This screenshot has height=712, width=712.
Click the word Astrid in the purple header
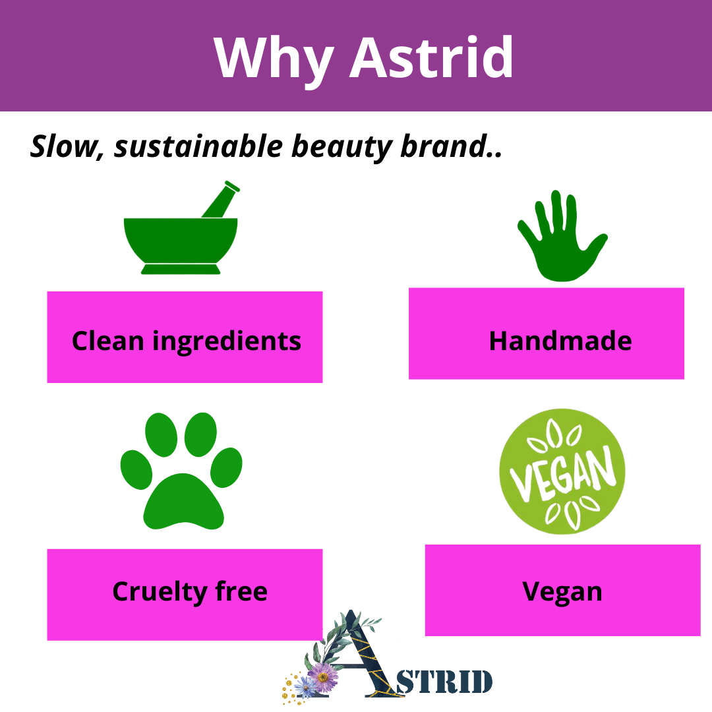pos(431,57)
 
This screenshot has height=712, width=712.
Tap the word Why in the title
pos(274,62)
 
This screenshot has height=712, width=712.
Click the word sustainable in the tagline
pos(198,146)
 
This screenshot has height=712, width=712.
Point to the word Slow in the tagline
pos(65,146)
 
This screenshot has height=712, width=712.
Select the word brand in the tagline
pos(443,146)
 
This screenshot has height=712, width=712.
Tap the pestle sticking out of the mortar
pos(221,199)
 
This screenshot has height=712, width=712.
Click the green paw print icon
pos(181,471)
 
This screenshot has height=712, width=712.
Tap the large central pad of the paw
pos(183,503)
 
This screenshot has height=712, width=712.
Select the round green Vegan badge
pos(562,471)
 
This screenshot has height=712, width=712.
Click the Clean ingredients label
pos(186,341)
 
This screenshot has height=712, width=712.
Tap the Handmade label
pos(560,341)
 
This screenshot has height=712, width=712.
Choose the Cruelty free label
pos(190,591)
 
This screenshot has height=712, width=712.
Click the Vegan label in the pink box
pos(562,592)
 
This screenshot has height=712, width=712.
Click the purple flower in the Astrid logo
pos(323,677)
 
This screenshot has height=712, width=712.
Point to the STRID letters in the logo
pos(444,682)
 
